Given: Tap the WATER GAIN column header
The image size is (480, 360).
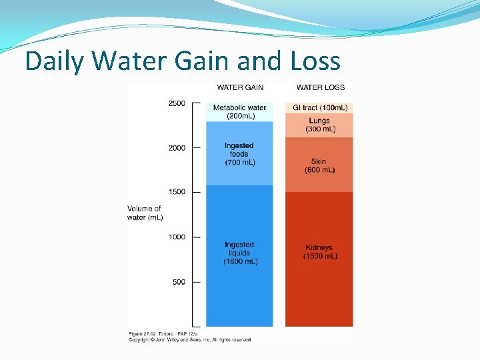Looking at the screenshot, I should (240, 87).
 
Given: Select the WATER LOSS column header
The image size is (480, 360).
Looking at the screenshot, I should (321, 87).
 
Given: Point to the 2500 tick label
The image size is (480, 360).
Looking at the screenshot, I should (177, 103).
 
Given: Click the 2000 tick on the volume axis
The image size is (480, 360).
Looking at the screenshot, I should (177, 148).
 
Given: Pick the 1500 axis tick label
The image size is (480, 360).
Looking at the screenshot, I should (177, 192).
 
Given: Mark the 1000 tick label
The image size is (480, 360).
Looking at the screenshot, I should (177, 237).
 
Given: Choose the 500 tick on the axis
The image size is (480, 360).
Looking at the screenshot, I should (179, 282).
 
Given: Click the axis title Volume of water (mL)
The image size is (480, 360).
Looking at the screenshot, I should (145, 213).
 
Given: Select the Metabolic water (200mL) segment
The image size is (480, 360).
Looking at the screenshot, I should (239, 111).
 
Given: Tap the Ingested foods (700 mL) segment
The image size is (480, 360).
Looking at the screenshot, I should (239, 154).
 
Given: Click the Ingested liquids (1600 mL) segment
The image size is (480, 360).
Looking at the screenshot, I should (239, 253).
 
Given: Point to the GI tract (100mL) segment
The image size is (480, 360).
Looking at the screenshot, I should (319, 107).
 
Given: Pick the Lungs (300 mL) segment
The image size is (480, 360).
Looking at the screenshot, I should (319, 125).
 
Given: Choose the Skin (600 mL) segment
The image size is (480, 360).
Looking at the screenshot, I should (319, 165).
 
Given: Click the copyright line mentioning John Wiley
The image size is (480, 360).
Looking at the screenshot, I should (190, 340).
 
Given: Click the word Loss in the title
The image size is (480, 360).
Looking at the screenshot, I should (315, 61).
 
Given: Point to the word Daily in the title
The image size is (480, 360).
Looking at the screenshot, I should (55, 61).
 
